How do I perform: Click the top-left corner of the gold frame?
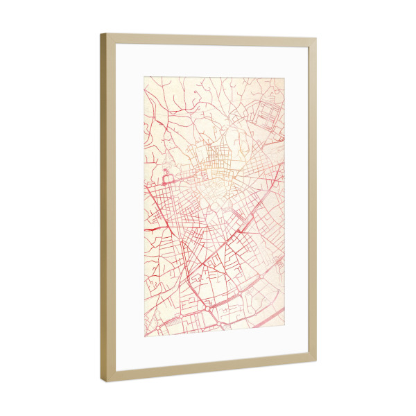101,33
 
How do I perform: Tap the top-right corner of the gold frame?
316,40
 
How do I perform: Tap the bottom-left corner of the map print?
144,339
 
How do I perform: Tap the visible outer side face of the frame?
103,208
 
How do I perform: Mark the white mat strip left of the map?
129,208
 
